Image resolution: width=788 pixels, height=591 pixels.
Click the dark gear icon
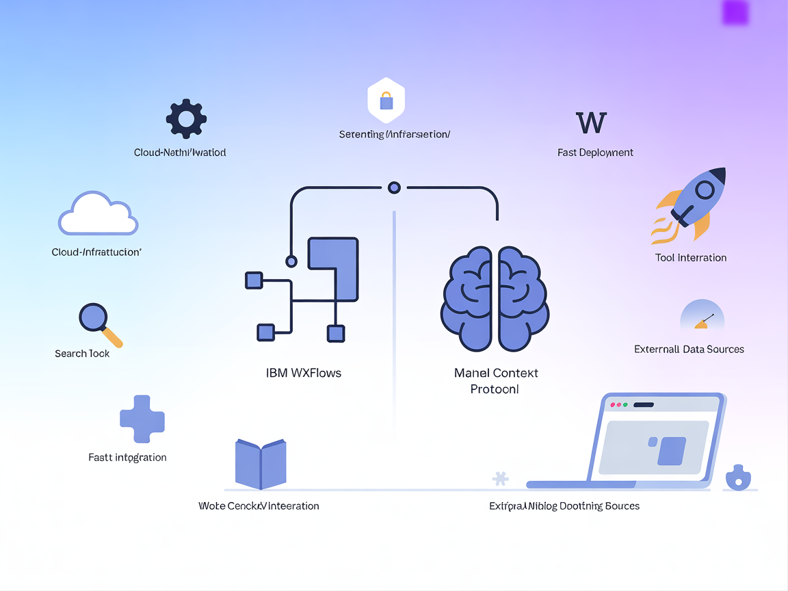click(x=186, y=119)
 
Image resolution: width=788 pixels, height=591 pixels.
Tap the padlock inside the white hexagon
click(x=386, y=101)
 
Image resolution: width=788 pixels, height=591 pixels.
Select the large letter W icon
click(x=591, y=123)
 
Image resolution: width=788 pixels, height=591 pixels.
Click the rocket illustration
click(x=689, y=203)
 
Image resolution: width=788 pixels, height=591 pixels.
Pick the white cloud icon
click(x=98, y=214)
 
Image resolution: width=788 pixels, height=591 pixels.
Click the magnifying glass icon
click(x=99, y=324)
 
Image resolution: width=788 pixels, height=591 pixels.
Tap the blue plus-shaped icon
click(x=142, y=419)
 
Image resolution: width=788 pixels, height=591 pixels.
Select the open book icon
click(x=261, y=464)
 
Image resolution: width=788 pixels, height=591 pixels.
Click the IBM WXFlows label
click(x=303, y=373)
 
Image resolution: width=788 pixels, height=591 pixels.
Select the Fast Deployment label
click(x=595, y=153)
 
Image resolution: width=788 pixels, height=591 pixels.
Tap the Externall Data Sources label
click(x=689, y=349)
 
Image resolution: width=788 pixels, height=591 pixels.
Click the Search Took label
click(x=82, y=354)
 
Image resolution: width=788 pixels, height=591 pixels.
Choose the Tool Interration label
click(x=690, y=258)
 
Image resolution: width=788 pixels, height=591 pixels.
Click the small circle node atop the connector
click(x=394, y=187)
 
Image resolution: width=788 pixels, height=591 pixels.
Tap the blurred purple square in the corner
click(x=735, y=12)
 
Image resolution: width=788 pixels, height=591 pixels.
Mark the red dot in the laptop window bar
click(x=613, y=405)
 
